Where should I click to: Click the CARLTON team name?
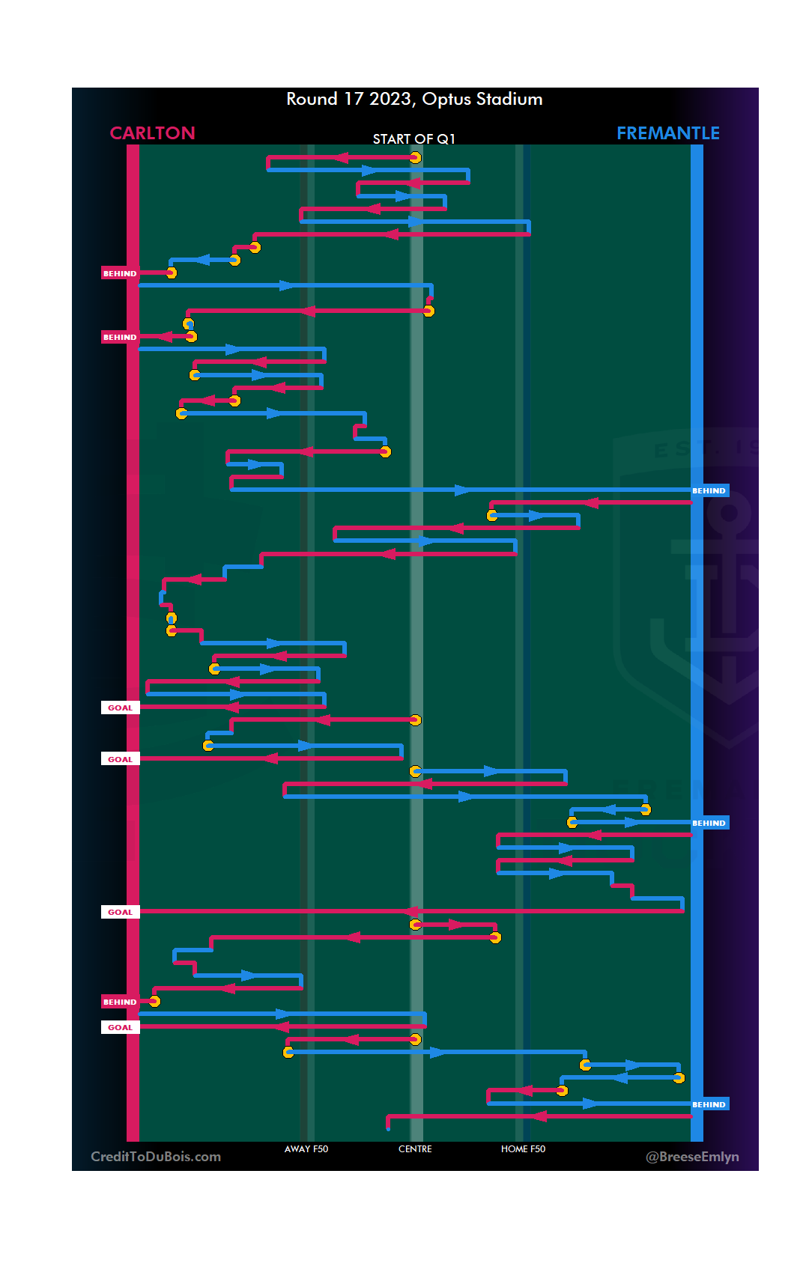click(x=152, y=133)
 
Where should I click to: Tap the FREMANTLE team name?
click(x=667, y=133)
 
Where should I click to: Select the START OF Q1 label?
click(x=413, y=139)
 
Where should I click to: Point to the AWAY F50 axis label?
click(x=306, y=1148)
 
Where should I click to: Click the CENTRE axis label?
click(x=415, y=1148)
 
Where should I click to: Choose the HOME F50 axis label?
click(x=523, y=1148)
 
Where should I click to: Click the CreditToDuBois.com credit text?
click(x=156, y=1157)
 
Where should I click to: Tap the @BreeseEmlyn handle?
click(x=692, y=1157)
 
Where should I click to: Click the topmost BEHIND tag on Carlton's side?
click(x=120, y=273)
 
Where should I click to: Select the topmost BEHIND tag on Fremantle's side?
click(x=709, y=490)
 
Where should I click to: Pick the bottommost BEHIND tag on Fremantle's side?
click(x=709, y=1104)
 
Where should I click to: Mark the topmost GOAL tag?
click(x=120, y=707)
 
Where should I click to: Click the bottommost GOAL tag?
click(x=120, y=1027)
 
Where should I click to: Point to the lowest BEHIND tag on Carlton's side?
click(x=120, y=1002)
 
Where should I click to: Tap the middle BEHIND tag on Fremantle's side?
click(x=709, y=823)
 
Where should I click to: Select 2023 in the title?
click(x=390, y=100)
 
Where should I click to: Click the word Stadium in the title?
click(x=509, y=100)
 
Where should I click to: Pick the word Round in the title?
click(x=312, y=100)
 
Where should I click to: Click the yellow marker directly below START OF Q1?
click(x=415, y=157)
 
